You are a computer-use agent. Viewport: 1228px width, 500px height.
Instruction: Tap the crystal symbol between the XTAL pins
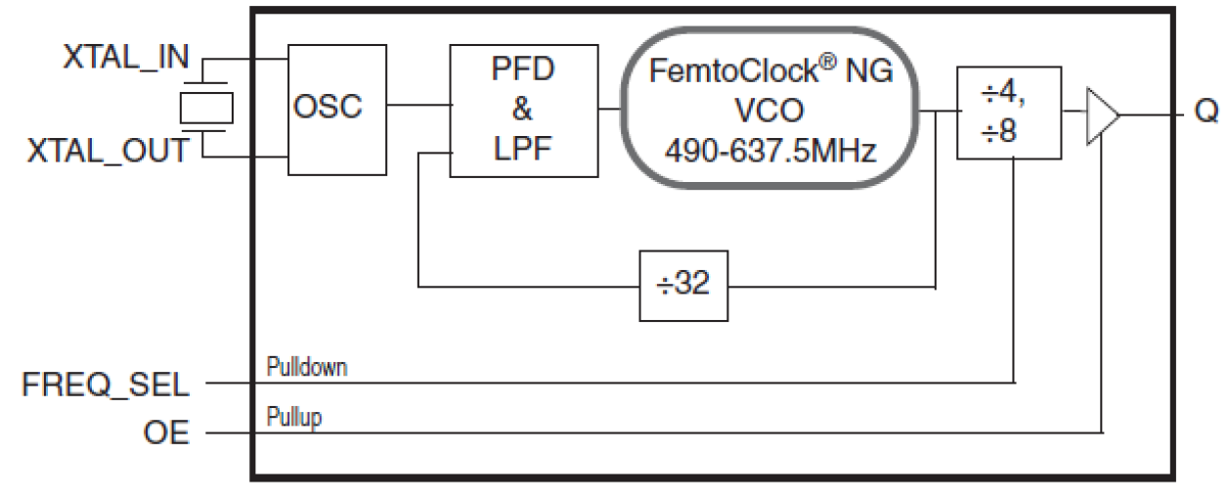(x=206, y=106)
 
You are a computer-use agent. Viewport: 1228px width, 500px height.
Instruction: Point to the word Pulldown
(x=307, y=368)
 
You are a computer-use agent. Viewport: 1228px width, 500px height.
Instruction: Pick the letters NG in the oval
(x=870, y=66)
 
